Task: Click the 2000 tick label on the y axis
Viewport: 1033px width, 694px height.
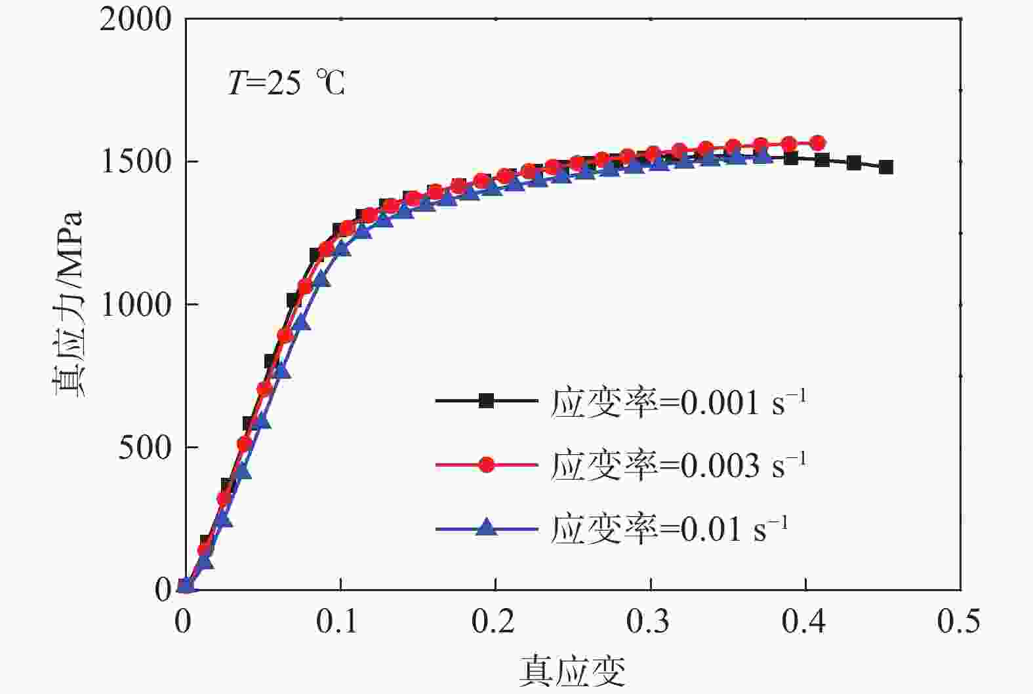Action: pos(135,20)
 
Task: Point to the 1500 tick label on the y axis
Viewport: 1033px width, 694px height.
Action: pos(135,162)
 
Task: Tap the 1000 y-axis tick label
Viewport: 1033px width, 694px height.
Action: pos(135,305)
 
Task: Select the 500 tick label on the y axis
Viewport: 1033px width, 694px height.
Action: pos(145,448)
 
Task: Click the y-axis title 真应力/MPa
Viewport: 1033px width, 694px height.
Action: pos(69,304)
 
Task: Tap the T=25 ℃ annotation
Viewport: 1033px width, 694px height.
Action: pos(287,84)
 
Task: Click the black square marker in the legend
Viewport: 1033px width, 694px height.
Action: pos(486,401)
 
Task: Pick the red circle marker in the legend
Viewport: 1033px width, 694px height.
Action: pos(486,465)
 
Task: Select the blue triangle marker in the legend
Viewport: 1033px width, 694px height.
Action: pos(486,527)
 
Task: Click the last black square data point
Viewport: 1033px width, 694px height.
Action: pos(886,167)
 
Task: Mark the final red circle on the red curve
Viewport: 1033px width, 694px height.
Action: pos(818,143)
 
